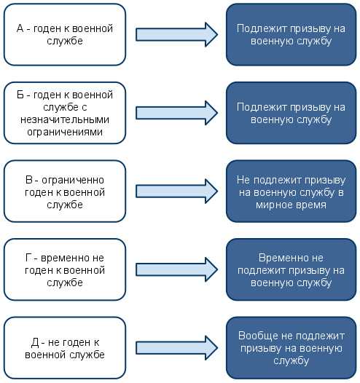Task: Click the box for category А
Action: [x=65, y=35]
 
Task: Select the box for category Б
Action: [x=65, y=113]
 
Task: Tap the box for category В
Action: [x=65, y=191]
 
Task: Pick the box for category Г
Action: [x=65, y=269]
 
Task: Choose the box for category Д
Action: [x=65, y=348]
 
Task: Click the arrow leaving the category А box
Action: [x=176, y=34]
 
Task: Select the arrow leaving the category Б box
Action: [x=176, y=113]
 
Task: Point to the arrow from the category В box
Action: [x=176, y=191]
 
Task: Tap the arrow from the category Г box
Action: [x=176, y=269]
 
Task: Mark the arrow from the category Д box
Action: [x=176, y=348]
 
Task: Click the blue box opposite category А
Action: [x=291, y=35]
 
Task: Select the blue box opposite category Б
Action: [x=291, y=113]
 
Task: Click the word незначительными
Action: [x=65, y=119]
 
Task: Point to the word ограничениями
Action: [x=65, y=132]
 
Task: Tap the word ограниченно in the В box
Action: [x=73, y=181]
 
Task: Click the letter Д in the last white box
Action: [x=35, y=343]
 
